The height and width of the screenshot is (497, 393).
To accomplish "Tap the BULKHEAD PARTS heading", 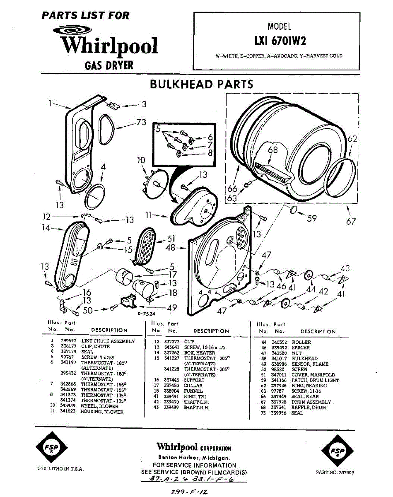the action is pyautogui.click(x=201, y=84).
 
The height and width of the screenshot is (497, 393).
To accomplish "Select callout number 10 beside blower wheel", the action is pyautogui.click(x=141, y=160).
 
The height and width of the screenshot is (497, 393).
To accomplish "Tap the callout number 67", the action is pyautogui.click(x=351, y=222).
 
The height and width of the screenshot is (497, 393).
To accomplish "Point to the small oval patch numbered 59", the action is pyautogui.click(x=293, y=210).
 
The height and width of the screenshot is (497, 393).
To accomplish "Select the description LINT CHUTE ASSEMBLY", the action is pyautogui.click(x=108, y=341).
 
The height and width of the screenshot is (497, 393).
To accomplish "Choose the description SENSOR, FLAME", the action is pyautogui.click(x=310, y=364).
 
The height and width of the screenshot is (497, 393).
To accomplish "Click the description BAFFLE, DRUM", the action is pyautogui.click(x=309, y=408).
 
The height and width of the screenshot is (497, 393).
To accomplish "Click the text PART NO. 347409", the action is pyautogui.click(x=335, y=472).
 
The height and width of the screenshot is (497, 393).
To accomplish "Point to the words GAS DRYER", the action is pyautogui.click(x=109, y=65).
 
